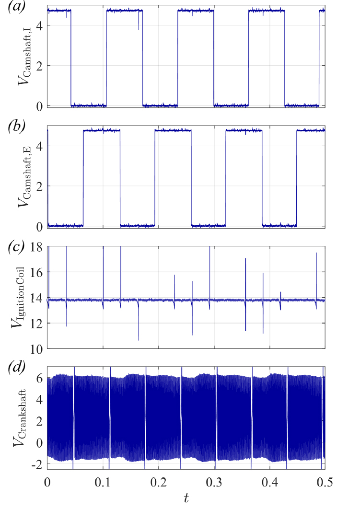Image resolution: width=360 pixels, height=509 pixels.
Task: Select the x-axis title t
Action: tap(186, 498)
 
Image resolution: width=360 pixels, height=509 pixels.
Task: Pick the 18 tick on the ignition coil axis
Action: tap(37, 247)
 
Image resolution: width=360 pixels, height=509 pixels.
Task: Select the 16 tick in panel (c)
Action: tap(37, 272)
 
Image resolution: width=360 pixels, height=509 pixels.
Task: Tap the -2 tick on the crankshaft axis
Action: tap(38, 464)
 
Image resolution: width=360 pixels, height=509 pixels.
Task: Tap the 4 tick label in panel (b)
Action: tap(40, 146)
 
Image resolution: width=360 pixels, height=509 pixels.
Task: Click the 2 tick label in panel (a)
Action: tap(40, 65)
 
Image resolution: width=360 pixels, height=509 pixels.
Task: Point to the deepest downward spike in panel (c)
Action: tap(139, 339)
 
